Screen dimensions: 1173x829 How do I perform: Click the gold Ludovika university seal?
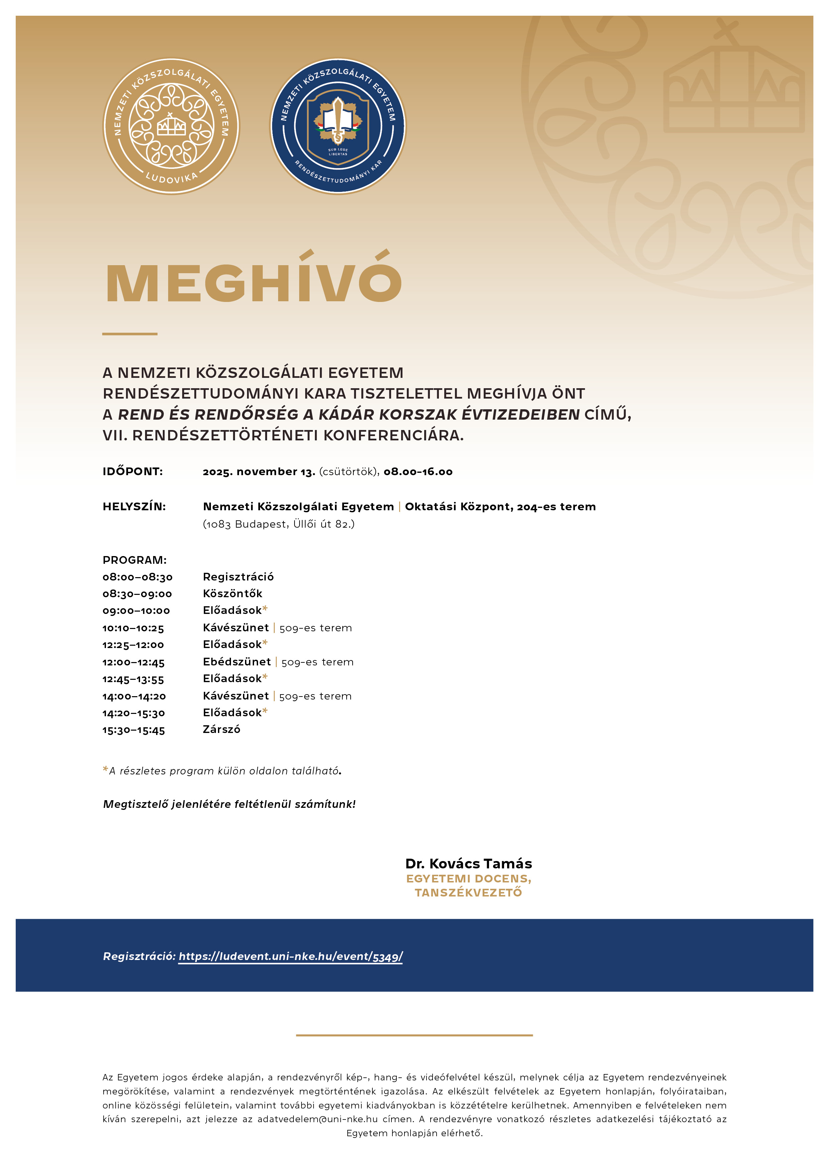[171, 126]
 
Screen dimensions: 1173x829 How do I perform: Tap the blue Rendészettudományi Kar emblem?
[338, 126]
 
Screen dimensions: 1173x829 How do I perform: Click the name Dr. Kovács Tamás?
[468, 864]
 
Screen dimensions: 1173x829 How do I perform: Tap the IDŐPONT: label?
[133, 471]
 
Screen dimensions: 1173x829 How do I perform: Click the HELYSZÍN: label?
[134, 507]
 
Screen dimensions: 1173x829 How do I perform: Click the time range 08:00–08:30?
[137, 577]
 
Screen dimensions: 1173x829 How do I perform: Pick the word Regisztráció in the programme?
[238, 577]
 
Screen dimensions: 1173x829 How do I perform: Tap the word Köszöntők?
[232, 594]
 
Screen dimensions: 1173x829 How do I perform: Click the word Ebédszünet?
[236, 662]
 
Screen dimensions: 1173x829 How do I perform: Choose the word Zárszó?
[221, 730]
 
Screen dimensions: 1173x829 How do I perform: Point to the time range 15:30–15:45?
[134, 731]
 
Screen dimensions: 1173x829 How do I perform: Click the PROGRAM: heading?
[134, 560]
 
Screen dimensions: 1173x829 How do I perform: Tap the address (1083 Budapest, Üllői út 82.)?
[278, 524]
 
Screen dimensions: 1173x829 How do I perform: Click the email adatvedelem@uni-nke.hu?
[317, 1119]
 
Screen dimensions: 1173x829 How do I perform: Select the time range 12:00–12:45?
[133, 663]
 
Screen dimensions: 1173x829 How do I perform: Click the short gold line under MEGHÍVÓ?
[130, 334]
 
